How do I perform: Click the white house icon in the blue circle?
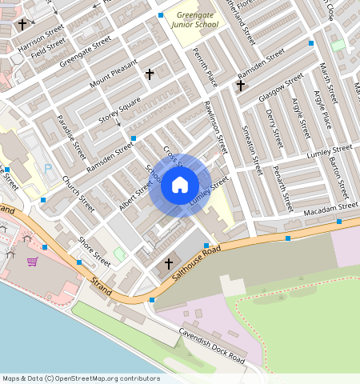(x=180, y=186)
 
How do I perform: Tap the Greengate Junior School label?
(x=196, y=19)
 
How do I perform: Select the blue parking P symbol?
(x=48, y=169)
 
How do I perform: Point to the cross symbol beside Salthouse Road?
(x=169, y=263)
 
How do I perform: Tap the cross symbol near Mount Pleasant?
(x=150, y=74)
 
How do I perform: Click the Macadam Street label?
(x=329, y=210)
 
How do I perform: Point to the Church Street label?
(x=78, y=193)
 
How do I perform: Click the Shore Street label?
(x=94, y=250)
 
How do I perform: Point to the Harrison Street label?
(x=41, y=38)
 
